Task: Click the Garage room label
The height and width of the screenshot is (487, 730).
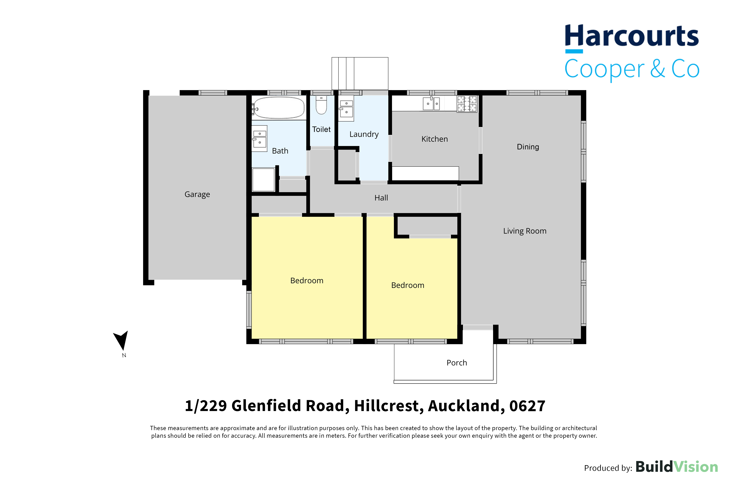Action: pyautogui.click(x=197, y=194)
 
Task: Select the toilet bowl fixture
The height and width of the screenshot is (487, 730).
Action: pyautogui.click(x=321, y=105)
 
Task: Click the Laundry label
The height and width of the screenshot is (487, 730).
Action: pyautogui.click(x=364, y=134)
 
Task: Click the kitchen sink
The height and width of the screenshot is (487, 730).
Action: pyautogui.click(x=431, y=103)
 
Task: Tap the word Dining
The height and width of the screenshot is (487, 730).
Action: pyautogui.click(x=528, y=147)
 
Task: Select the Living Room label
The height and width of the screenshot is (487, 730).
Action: pyautogui.click(x=525, y=231)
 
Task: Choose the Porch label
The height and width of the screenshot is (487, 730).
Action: pyautogui.click(x=457, y=363)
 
